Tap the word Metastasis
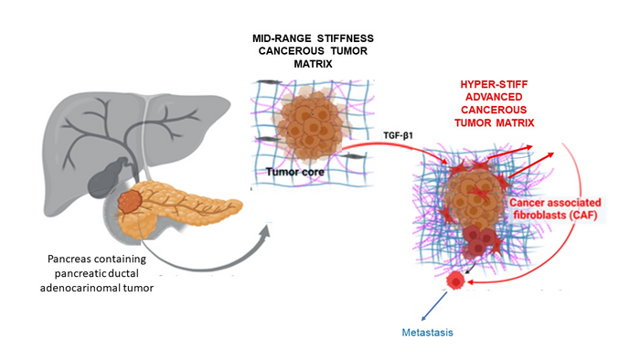click(x=428, y=333)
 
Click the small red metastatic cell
click(x=454, y=284)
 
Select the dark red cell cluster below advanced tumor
click(x=478, y=242)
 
